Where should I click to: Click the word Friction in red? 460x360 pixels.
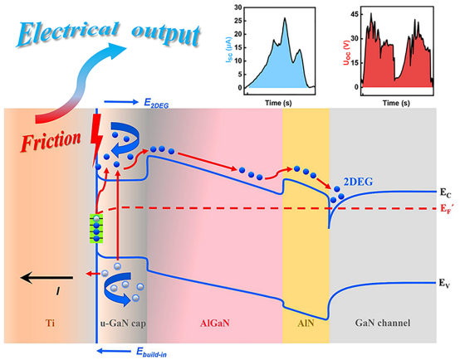[x=51, y=142]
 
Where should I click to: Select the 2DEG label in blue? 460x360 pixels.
[x=358, y=182]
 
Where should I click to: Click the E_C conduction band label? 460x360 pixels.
[x=445, y=193]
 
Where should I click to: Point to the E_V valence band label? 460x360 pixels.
[x=444, y=283]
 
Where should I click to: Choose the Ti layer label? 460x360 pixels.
[x=50, y=323]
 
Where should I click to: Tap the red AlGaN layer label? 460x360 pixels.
[x=215, y=323]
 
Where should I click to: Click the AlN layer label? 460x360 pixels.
[x=306, y=323]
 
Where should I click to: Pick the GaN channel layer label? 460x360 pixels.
[x=383, y=323]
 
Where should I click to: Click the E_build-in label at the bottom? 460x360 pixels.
[x=151, y=352]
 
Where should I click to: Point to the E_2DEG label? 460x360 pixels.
[x=156, y=103]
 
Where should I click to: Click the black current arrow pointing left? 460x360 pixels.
[x=46, y=277]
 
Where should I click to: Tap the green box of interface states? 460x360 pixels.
[x=96, y=229]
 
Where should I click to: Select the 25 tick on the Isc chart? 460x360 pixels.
[x=238, y=21]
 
